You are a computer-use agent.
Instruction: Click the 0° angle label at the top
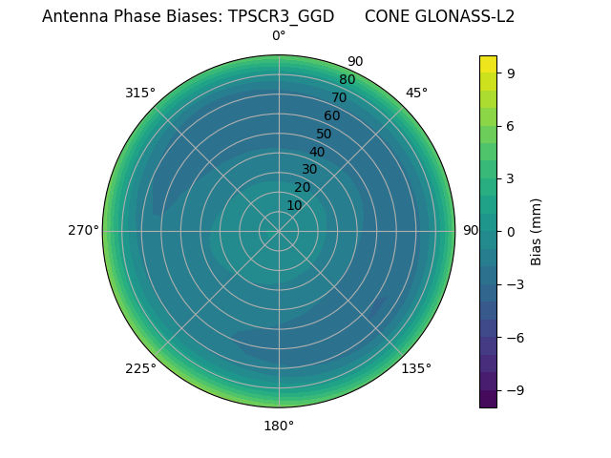click(279, 36)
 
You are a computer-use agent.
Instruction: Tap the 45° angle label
click(416, 93)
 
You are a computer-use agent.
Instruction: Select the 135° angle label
click(416, 368)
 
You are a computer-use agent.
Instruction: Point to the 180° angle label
click(279, 426)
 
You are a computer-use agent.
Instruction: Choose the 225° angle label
click(140, 368)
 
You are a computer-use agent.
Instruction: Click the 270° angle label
click(83, 231)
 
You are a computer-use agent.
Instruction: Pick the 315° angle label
click(140, 93)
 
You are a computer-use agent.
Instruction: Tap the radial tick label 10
click(295, 205)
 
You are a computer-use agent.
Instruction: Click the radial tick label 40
click(317, 152)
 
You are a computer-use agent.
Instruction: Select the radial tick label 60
click(331, 116)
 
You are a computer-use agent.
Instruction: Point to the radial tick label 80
click(347, 80)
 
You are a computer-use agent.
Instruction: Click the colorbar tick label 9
click(512, 73)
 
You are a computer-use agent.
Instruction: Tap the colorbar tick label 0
click(512, 231)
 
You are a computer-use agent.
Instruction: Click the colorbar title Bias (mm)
click(537, 231)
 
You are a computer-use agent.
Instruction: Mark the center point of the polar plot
click(279, 231)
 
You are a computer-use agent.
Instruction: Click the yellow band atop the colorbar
click(488, 63)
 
